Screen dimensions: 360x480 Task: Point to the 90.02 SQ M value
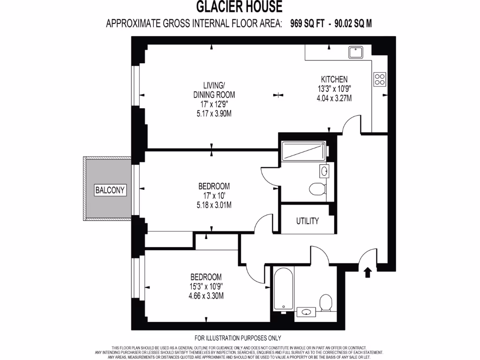pyautogui.click(x=353, y=23)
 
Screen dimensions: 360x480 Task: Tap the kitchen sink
pyautogui.click(x=356, y=50)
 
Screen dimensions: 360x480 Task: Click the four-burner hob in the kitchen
pyautogui.click(x=380, y=79)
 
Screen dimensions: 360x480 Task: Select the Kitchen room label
pyautogui.click(x=334, y=79)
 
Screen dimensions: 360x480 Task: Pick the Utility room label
pyautogui.click(x=307, y=221)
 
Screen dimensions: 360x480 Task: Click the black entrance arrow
pyautogui.click(x=368, y=272)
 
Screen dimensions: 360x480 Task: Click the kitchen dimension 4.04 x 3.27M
pyautogui.click(x=334, y=98)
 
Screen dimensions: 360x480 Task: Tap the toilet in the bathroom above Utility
pyautogui.click(x=317, y=189)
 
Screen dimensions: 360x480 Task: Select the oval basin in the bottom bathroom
pyautogui.click(x=307, y=312)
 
